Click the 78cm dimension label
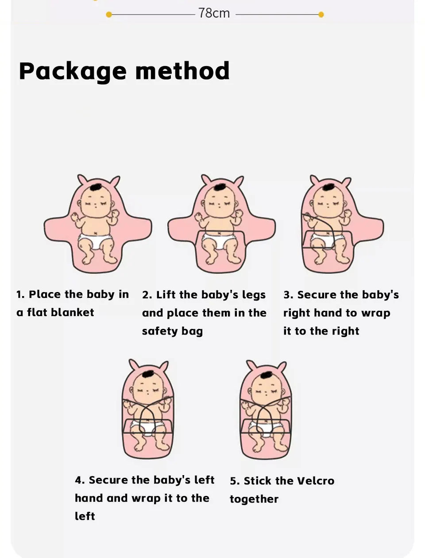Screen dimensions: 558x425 214,13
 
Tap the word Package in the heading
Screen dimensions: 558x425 73,71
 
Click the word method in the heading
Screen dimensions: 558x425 182,71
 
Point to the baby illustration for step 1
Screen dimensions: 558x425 97,224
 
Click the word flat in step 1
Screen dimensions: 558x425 37,312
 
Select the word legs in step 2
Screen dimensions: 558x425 254,295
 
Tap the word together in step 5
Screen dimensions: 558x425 254,499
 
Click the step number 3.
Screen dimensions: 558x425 287,295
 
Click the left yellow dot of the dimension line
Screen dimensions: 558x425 109,15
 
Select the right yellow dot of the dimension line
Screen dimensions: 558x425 321,15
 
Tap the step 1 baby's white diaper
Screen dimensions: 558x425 95,242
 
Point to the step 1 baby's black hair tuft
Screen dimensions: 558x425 95,187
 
